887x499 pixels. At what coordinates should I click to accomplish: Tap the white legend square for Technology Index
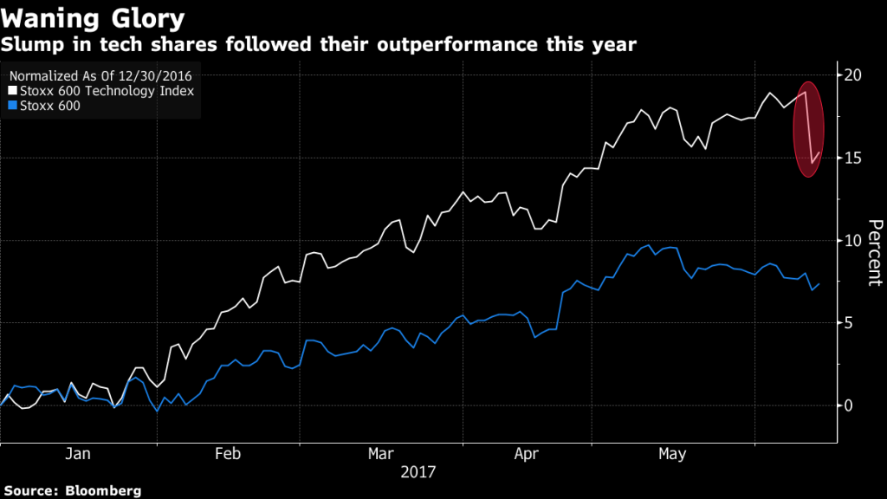[x=12, y=90]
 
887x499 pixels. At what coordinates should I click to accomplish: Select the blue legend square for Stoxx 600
[x=12, y=106]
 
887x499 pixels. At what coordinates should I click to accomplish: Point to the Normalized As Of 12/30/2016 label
[x=100, y=75]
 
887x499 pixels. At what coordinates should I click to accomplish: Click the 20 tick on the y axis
[x=852, y=75]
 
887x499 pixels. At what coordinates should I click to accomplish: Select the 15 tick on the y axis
[x=852, y=158]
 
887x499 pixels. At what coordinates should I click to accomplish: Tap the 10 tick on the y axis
[x=852, y=240]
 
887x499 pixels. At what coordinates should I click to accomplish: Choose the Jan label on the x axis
[x=78, y=454]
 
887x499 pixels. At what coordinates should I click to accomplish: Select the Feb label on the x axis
[x=228, y=454]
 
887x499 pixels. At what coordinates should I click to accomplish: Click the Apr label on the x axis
[x=528, y=454]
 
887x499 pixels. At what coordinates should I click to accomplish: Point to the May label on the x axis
[x=672, y=454]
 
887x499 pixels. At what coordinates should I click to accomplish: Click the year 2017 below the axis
[x=418, y=473]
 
